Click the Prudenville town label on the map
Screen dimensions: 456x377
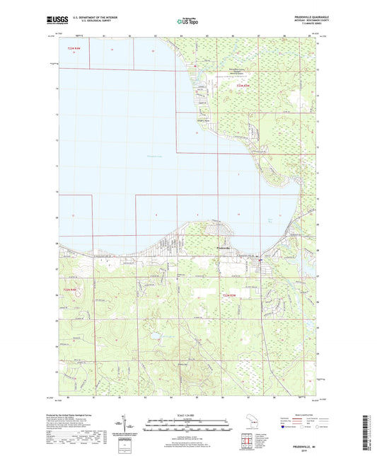click(x=224, y=247)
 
